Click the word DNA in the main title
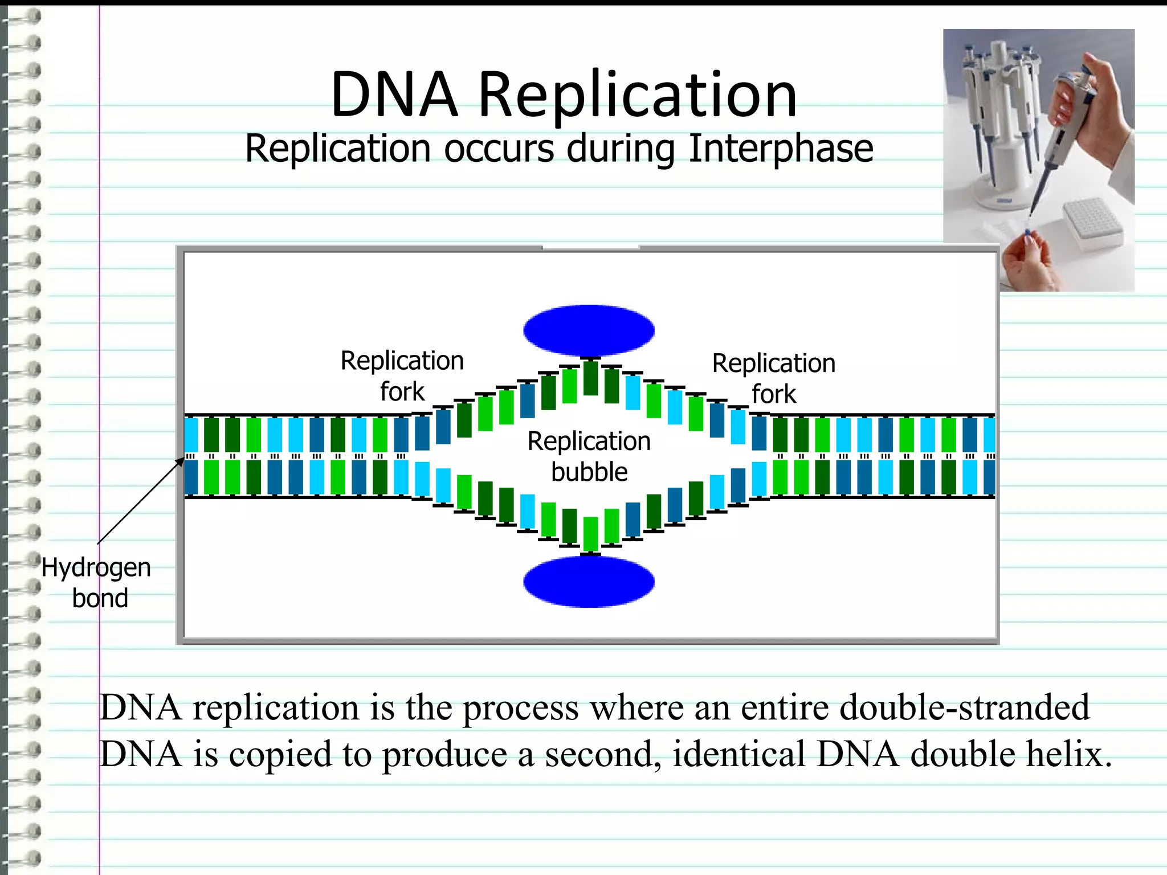point(394,96)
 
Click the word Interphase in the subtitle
point(781,149)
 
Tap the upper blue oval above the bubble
point(589,330)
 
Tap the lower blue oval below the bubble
point(589,582)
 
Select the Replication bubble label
point(589,456)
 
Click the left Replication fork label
point(402,376)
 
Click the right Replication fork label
point(773,378)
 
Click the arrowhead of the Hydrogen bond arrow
point(181,461)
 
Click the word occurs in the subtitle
point(499,149)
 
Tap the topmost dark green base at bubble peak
point(591,378)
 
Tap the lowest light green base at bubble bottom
point(591,533)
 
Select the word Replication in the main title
point(637,96)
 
